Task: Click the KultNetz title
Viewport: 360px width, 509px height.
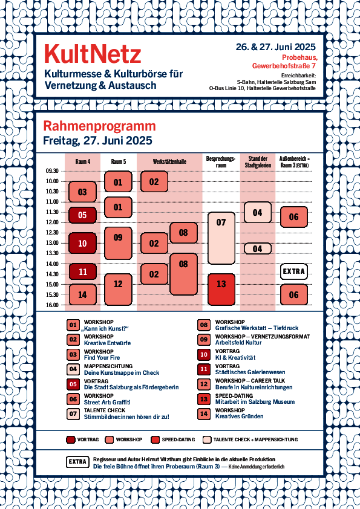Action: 93,54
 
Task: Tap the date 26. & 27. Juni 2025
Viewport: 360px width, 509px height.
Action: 275,47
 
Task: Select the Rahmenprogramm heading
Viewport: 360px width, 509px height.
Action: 99,126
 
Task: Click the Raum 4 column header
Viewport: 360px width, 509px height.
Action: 82,161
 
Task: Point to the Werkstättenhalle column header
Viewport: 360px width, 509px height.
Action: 169,161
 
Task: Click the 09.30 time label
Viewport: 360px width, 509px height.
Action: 52,171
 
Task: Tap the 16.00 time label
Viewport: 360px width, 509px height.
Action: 52,305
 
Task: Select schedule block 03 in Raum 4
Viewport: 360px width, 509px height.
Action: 82,192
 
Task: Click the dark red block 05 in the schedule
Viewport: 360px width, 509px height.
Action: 82,215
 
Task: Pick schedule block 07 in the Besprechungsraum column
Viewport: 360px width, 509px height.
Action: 221,238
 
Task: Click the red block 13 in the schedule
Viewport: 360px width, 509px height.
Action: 221,290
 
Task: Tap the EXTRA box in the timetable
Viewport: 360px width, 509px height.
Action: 293,271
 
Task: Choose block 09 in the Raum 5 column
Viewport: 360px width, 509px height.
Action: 118,243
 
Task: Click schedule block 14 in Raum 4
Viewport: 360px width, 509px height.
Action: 82,295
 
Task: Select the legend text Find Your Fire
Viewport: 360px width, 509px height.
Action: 102,358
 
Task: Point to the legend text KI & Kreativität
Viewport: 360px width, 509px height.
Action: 235,358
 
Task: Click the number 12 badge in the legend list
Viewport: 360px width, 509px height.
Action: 204,384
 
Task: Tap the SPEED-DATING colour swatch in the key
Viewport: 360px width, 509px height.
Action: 155,439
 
